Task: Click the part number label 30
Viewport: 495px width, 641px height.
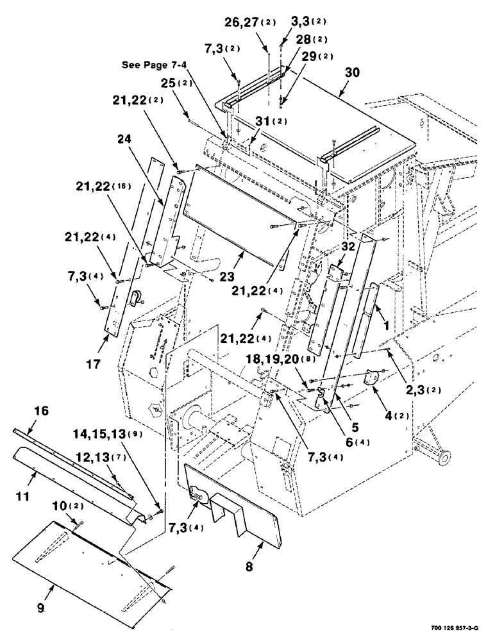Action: point(351,74)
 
